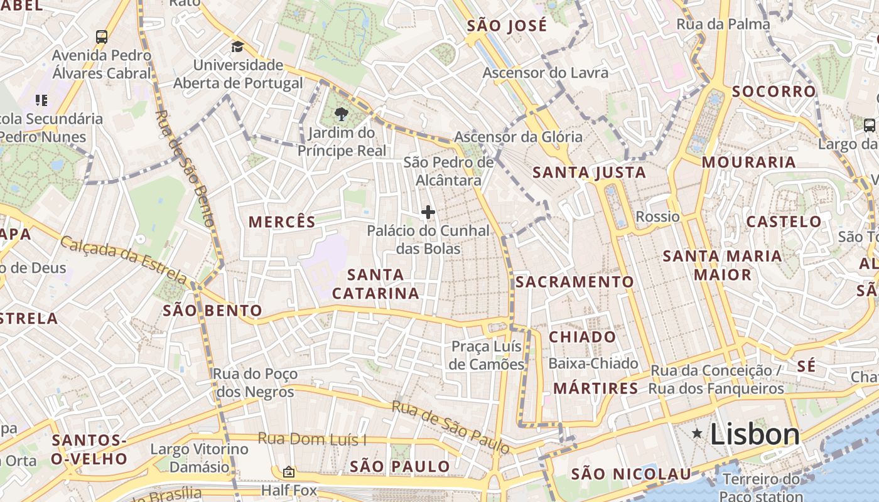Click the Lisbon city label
(x=755, y=434)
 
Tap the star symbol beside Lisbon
(x=697, y=433)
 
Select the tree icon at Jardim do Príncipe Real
(x=341, y=114)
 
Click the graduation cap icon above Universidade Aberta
(x=237, y=46)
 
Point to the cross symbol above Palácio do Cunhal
(x=428, y=212)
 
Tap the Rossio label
(x=657, y=216)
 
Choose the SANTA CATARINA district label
(x=375, y=284)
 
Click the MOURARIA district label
(x=748, y=162)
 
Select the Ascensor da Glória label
(x=518, y=137)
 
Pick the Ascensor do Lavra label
(x=545, y=73)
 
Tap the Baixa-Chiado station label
(x=593, y=363)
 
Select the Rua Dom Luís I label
(x=311, y=439)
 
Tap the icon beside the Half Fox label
(x=289, y=471)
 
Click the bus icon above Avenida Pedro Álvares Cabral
(x=102, y=36)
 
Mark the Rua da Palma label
(x=723, y=24)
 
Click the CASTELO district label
(x=784, y=222)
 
